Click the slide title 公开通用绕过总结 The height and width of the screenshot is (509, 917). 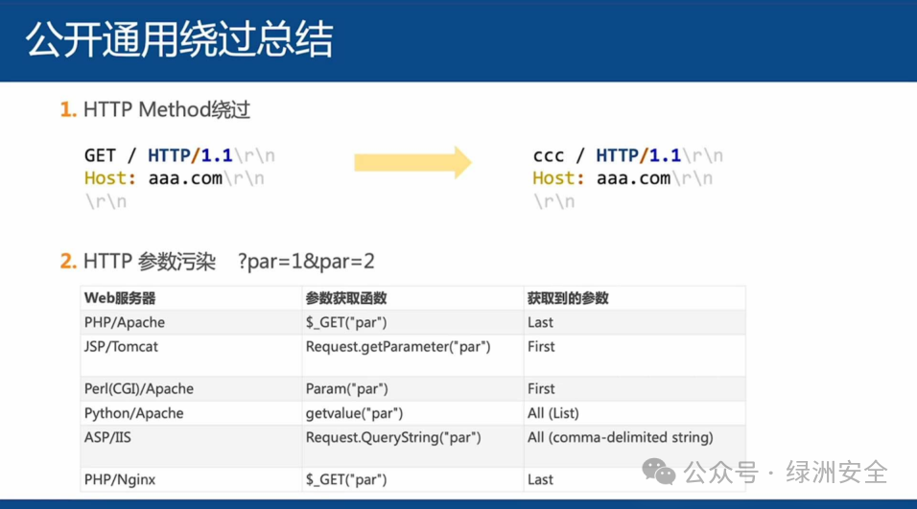(x=179, y=39)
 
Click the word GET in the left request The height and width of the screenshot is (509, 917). (x=100, y=155)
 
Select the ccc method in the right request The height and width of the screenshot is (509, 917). (x=549, y=155)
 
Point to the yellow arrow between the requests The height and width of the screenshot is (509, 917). (x=412, y=162)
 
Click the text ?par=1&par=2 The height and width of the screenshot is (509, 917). (x=306, y=261)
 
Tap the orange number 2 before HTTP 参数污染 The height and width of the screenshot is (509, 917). (x=68, y=261)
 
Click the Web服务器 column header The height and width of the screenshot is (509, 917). (x=120, y=298)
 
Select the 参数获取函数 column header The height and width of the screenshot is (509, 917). (x=346, y=298)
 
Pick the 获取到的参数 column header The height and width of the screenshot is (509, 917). (x=568, y=298)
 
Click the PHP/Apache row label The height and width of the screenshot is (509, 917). (x=125, y=323)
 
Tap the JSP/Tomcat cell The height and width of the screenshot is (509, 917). (x=121, y=347)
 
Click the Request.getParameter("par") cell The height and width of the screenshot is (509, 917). (x=398, y=347)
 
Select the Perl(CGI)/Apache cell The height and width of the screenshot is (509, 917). (x=138, y=388)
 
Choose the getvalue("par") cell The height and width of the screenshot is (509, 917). (x=354, y=413)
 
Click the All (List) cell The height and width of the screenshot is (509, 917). (x=553, y=413)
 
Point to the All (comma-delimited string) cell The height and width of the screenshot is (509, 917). (x=621, y=437)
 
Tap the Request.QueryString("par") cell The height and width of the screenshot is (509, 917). (x=393, y=437)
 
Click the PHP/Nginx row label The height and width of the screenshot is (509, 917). (x=120, y=480)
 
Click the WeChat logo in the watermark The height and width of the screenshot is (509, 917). (x=659, y=472)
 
